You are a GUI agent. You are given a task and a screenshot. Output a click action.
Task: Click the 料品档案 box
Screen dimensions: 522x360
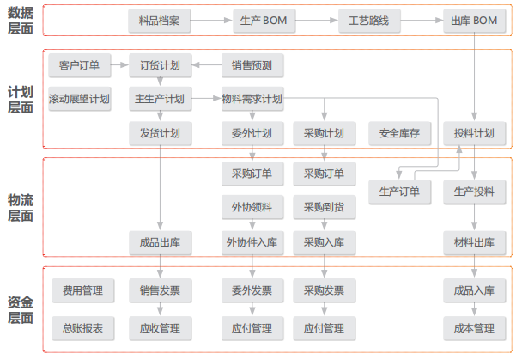click(159, 21)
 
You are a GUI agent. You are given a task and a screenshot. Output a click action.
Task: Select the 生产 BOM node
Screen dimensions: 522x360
click(264, 21)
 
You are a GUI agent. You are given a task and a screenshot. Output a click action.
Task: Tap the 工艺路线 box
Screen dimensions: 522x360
click(369, 21)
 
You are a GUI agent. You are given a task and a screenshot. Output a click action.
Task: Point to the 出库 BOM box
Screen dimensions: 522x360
click(475, 21)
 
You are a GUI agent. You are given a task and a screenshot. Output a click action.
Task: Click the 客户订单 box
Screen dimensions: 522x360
click(80, 65)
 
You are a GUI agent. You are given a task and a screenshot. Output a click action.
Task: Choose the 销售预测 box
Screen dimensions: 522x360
click(252, 65)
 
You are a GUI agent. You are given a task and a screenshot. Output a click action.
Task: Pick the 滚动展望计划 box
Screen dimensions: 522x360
click(80, 99)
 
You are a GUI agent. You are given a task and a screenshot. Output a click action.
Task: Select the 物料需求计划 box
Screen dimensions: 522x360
click(252, 99)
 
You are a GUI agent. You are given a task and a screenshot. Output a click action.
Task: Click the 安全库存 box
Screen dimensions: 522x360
click(399, 133)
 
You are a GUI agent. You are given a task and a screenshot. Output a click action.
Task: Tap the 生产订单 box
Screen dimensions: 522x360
click(399, 192)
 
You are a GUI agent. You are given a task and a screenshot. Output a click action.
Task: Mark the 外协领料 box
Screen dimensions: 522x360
click(252, 207)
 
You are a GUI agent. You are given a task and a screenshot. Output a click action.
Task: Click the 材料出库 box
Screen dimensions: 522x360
click(475, 243)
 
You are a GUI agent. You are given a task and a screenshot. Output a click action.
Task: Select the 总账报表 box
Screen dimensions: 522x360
click(83, 328)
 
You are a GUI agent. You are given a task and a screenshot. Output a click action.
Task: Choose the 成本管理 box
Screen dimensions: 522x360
click(475, 328)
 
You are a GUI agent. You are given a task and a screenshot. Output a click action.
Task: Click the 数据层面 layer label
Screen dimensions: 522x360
click(21, 21)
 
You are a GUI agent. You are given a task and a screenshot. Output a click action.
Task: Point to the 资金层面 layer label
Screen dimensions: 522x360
click(21, 310)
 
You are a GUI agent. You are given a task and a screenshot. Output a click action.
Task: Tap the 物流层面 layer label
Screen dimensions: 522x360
click(21, 208)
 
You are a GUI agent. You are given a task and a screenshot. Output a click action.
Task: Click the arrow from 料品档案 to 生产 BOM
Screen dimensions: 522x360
click(211, 21)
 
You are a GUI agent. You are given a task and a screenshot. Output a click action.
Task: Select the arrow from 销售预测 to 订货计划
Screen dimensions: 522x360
click(206, 65)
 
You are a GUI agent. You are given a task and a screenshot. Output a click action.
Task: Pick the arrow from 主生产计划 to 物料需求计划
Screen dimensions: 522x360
click(206, 98)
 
